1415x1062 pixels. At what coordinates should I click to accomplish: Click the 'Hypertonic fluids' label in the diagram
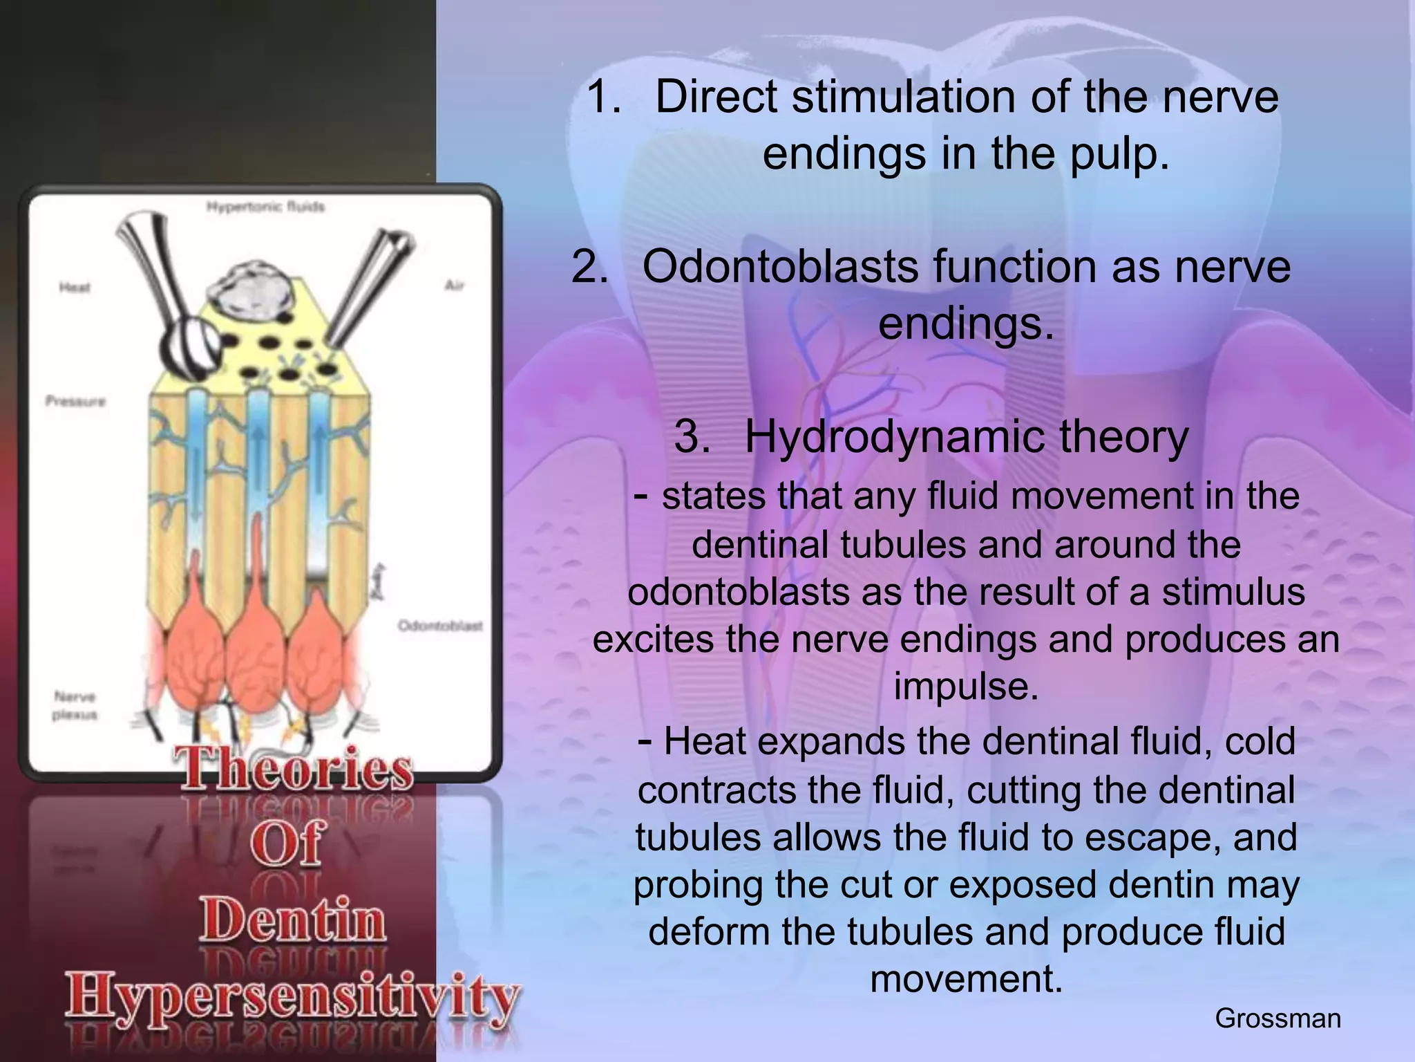click(x=265, y=207)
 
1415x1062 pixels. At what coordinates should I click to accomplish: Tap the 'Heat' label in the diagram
click(x=75, y=288)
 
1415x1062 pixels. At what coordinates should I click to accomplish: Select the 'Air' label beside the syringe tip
click(x=454, y=286)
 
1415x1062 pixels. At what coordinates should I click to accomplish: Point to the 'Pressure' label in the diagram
click(x=75, y=401)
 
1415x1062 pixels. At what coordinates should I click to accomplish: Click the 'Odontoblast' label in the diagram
click(x=440, y=626)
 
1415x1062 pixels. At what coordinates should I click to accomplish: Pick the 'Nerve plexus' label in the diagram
click(x=75, y=705)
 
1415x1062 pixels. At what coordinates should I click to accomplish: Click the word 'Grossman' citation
click(x=1278, y=1018)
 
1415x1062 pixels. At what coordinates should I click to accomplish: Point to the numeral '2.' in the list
click(x=590, y=267)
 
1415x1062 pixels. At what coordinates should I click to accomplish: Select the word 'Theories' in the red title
click(x=297, y=770)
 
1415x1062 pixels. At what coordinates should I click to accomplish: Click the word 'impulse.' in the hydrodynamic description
click(x=967, y=687)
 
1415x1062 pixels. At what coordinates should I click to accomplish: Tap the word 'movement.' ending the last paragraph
click(x=967, y=979)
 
